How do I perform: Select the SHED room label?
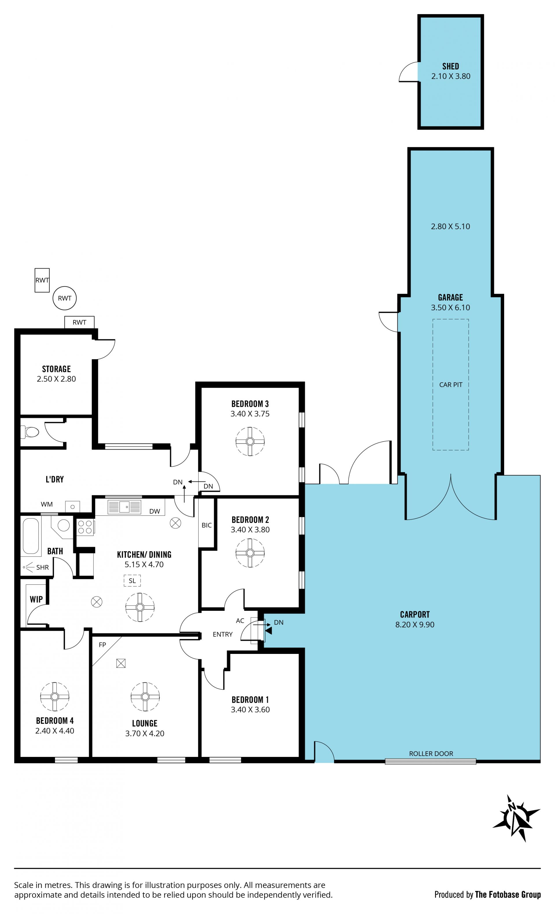point(451,66)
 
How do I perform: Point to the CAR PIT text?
point(451,385)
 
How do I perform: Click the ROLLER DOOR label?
point(431,753)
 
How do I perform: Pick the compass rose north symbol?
point(516,818)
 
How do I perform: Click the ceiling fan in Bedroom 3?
point(250,442)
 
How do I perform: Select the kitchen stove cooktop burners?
point(85,527)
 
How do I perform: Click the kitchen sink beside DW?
point(124,506)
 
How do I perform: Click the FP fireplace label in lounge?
point(102,645)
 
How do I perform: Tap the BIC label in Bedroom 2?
point(207,525)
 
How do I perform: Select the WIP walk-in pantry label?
point(36,599)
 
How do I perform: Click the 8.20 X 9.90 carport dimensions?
point(415,624)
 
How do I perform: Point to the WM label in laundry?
point(47,504)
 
